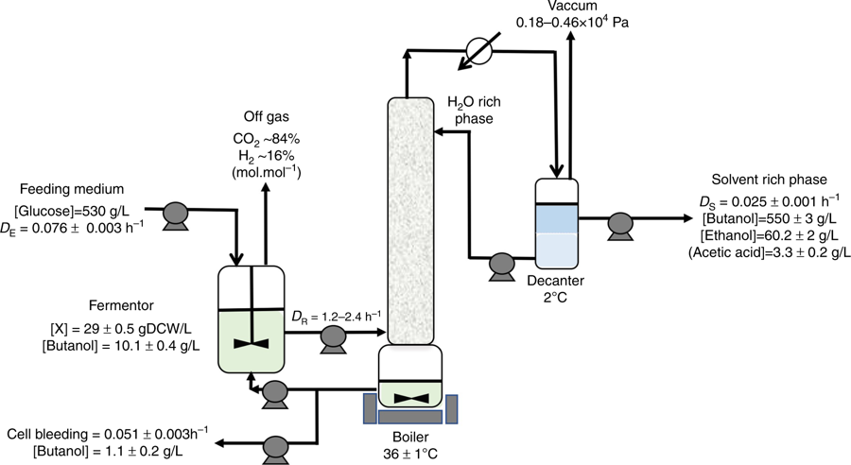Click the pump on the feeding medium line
point(176,215)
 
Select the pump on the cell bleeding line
point(276,443)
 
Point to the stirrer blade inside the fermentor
point(251,341)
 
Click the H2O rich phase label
point(473,108)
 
